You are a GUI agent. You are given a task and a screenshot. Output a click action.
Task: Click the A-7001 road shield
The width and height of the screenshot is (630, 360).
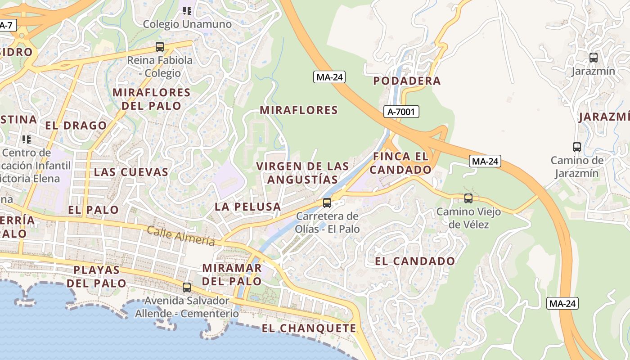pos(401,112)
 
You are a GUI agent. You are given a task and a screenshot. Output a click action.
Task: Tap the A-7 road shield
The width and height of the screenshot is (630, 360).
pos(7,26)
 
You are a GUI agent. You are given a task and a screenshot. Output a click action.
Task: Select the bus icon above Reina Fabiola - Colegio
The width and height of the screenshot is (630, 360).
pos(159,46)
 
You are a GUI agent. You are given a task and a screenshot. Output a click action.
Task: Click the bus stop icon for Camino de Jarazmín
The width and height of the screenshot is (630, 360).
pos(576,147)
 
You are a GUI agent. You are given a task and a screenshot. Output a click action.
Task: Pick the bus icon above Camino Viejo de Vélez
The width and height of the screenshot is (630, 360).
pos(468,198)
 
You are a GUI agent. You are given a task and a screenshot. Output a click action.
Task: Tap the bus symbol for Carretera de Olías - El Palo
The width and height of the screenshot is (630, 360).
pos(327,202)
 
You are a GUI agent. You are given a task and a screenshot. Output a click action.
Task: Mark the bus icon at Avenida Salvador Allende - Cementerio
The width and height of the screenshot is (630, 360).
pos(186,287)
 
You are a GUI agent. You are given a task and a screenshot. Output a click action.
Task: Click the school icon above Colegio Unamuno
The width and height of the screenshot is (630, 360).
pos(187,10)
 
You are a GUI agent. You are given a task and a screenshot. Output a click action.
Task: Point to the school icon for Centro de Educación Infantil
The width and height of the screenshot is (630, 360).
pos(27,139)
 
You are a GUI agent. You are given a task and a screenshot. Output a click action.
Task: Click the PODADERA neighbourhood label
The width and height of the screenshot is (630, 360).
pos(407,81)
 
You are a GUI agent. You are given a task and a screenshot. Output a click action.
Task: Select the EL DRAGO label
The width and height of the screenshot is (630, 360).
pos(76,126)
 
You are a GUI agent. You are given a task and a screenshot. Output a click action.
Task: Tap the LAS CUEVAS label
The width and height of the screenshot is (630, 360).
pos(131,172)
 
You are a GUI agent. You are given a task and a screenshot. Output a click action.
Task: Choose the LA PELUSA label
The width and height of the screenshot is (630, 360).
pos(247,207)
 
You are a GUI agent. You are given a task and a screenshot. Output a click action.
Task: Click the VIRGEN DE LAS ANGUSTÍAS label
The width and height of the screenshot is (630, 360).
pos(302,173)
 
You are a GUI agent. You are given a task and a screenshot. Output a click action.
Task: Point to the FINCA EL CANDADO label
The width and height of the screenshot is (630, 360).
pos(400,163)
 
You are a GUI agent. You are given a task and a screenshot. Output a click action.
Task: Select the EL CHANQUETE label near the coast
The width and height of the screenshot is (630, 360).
pos(309,328)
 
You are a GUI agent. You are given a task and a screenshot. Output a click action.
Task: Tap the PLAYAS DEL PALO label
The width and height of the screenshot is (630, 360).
pos(97,276)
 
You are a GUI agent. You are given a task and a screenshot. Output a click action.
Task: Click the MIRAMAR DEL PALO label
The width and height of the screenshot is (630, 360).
pos(232,274)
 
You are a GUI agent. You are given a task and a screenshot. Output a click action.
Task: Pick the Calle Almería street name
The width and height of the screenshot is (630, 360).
pos(181,235)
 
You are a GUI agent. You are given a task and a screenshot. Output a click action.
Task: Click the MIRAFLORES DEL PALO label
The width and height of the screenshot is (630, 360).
pos(151,99)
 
